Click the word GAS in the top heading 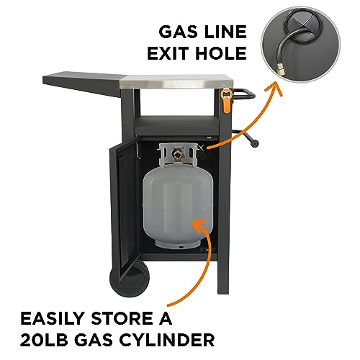[176, 32]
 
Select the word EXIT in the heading [168, 53]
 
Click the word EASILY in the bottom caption [52, 318]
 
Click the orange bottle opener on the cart [227, 100]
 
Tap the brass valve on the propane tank [178, 154]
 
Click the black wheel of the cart [130, 279]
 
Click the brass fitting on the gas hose [281, 69]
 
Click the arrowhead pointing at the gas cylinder [198, 225]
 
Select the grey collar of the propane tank [178, 155]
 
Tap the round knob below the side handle [254, 143]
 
